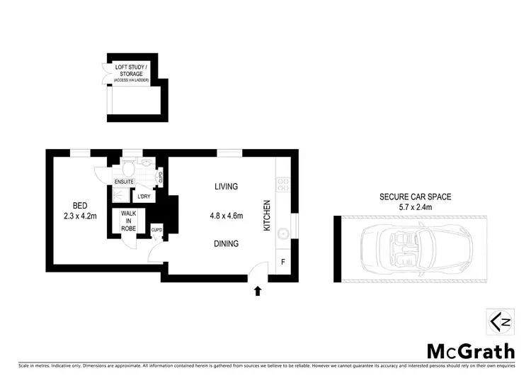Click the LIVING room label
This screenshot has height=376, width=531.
[x=227, y=187]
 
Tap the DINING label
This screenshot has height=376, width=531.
[x=227, y=243]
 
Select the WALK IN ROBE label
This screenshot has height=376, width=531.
[x=129, y=221]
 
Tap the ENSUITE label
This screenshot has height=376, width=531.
[x=125, y=182]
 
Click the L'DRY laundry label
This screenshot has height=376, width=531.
[x=144, y=197]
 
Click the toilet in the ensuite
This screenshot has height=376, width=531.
[x=127, y=167]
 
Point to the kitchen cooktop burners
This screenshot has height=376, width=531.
[x=283, y=184]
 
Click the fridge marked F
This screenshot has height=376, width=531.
[x=283, y=261]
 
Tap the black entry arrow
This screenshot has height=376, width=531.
[x=258, y=289]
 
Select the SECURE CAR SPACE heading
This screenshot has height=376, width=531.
[x=416, y=197]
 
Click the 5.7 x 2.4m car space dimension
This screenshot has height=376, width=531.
[x=416, y=207]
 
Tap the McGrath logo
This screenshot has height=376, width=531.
[x=469, y=350]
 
